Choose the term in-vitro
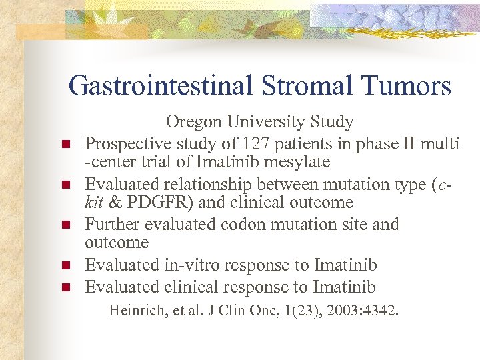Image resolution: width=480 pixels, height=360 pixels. (193, 265)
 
